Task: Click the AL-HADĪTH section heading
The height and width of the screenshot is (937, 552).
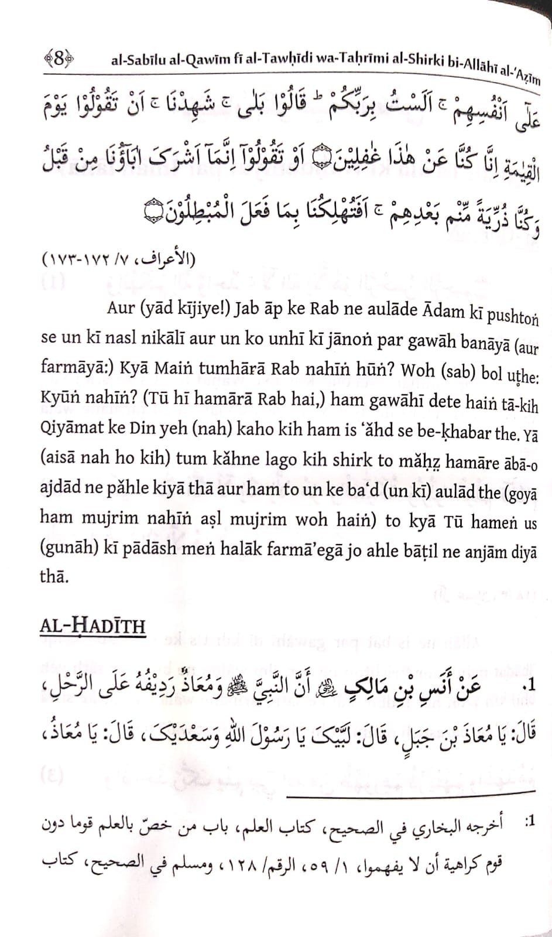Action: [92, 626]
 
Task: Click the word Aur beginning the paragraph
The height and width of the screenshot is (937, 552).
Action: [121, 307]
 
